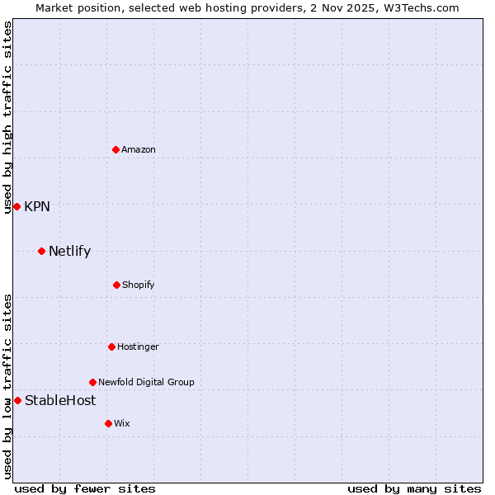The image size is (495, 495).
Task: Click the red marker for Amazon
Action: click(x=116, y=149)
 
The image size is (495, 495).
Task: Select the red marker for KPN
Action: click(x=16, y=206)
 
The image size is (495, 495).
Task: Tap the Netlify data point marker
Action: click(x=41, y=251)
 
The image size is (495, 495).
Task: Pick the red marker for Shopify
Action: click(x=116, y=285)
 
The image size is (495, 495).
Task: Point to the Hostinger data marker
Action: click(x=111, y=346)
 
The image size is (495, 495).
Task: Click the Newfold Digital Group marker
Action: click(x=92, y=382)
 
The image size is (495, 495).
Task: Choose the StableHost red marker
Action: click(x=17, y=400)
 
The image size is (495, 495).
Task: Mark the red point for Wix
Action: click(x=108, y=423)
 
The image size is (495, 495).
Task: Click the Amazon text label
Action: click(x=139, y=149)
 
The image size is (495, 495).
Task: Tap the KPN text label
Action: click(x=37, y=206)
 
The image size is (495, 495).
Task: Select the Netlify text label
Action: click(x=69, y=251)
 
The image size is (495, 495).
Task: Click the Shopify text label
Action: click(x=139, y=285)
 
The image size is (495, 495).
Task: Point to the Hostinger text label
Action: click(x=138, y=346)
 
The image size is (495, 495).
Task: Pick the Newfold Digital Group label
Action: click(x=146, y=382)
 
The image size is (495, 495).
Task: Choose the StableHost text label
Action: click(x=60, y=400)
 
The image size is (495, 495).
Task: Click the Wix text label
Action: click(x=122, y=423)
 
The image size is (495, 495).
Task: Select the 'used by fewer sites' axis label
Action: click(x=85, y=488)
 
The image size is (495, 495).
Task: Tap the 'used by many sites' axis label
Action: click(x=414, y=488)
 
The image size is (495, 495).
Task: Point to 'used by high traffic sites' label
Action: click(x=7, y=117)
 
